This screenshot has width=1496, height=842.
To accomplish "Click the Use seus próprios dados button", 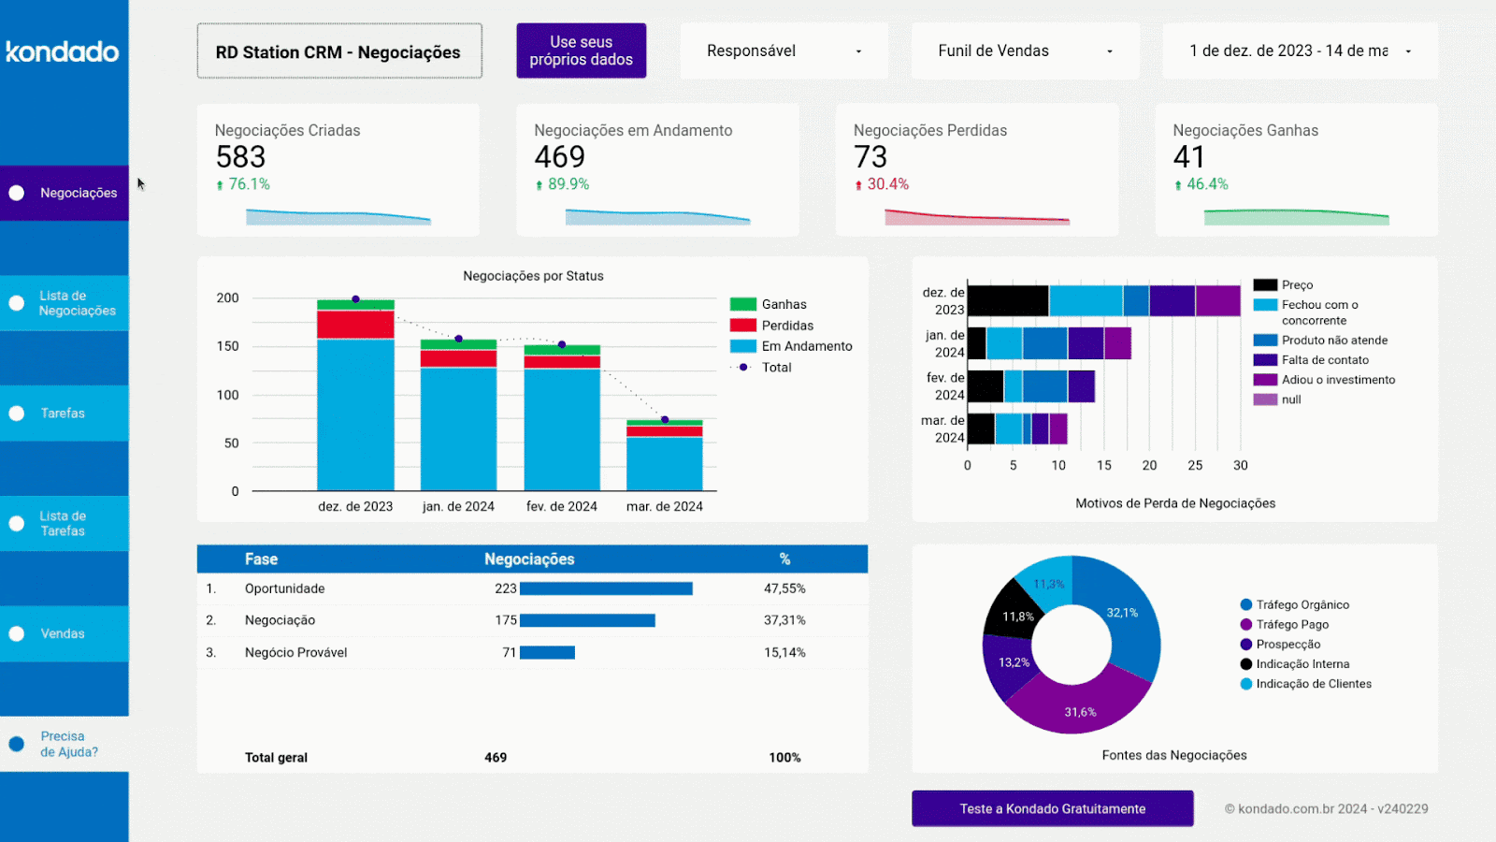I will tap(581, 51).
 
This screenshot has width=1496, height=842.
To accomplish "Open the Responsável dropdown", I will tap(784, 51).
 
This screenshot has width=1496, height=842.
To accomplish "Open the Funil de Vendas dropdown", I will tap(1025, 51).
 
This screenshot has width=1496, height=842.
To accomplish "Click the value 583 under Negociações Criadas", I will tap(240, 156).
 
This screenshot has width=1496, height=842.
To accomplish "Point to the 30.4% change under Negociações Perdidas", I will tap(886, 184).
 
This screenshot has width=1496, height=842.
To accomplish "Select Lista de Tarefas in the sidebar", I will tap(63, 523).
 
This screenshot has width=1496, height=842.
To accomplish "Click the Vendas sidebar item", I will tap(63, 633).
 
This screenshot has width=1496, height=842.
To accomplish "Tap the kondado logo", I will tap(63, 51).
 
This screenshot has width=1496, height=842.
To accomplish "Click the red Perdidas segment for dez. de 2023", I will tap(355, 324).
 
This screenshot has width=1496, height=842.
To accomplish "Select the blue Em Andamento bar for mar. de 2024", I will tap(664, 463).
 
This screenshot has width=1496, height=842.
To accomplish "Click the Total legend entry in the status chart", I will tap(776, 368).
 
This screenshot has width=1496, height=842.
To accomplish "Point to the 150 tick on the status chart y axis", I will tap(227, 346).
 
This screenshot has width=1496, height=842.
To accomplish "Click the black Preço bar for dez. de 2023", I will tap(1008, 301).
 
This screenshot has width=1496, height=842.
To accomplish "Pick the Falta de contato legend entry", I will tap(1324, 360).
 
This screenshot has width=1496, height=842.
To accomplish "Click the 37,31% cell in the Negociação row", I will tap(784, 620).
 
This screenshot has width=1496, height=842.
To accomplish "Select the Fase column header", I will tap(261, 559).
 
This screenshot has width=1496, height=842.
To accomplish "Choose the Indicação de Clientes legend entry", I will tap(1313, 684).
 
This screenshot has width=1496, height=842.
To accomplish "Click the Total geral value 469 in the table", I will tap(496, 758).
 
